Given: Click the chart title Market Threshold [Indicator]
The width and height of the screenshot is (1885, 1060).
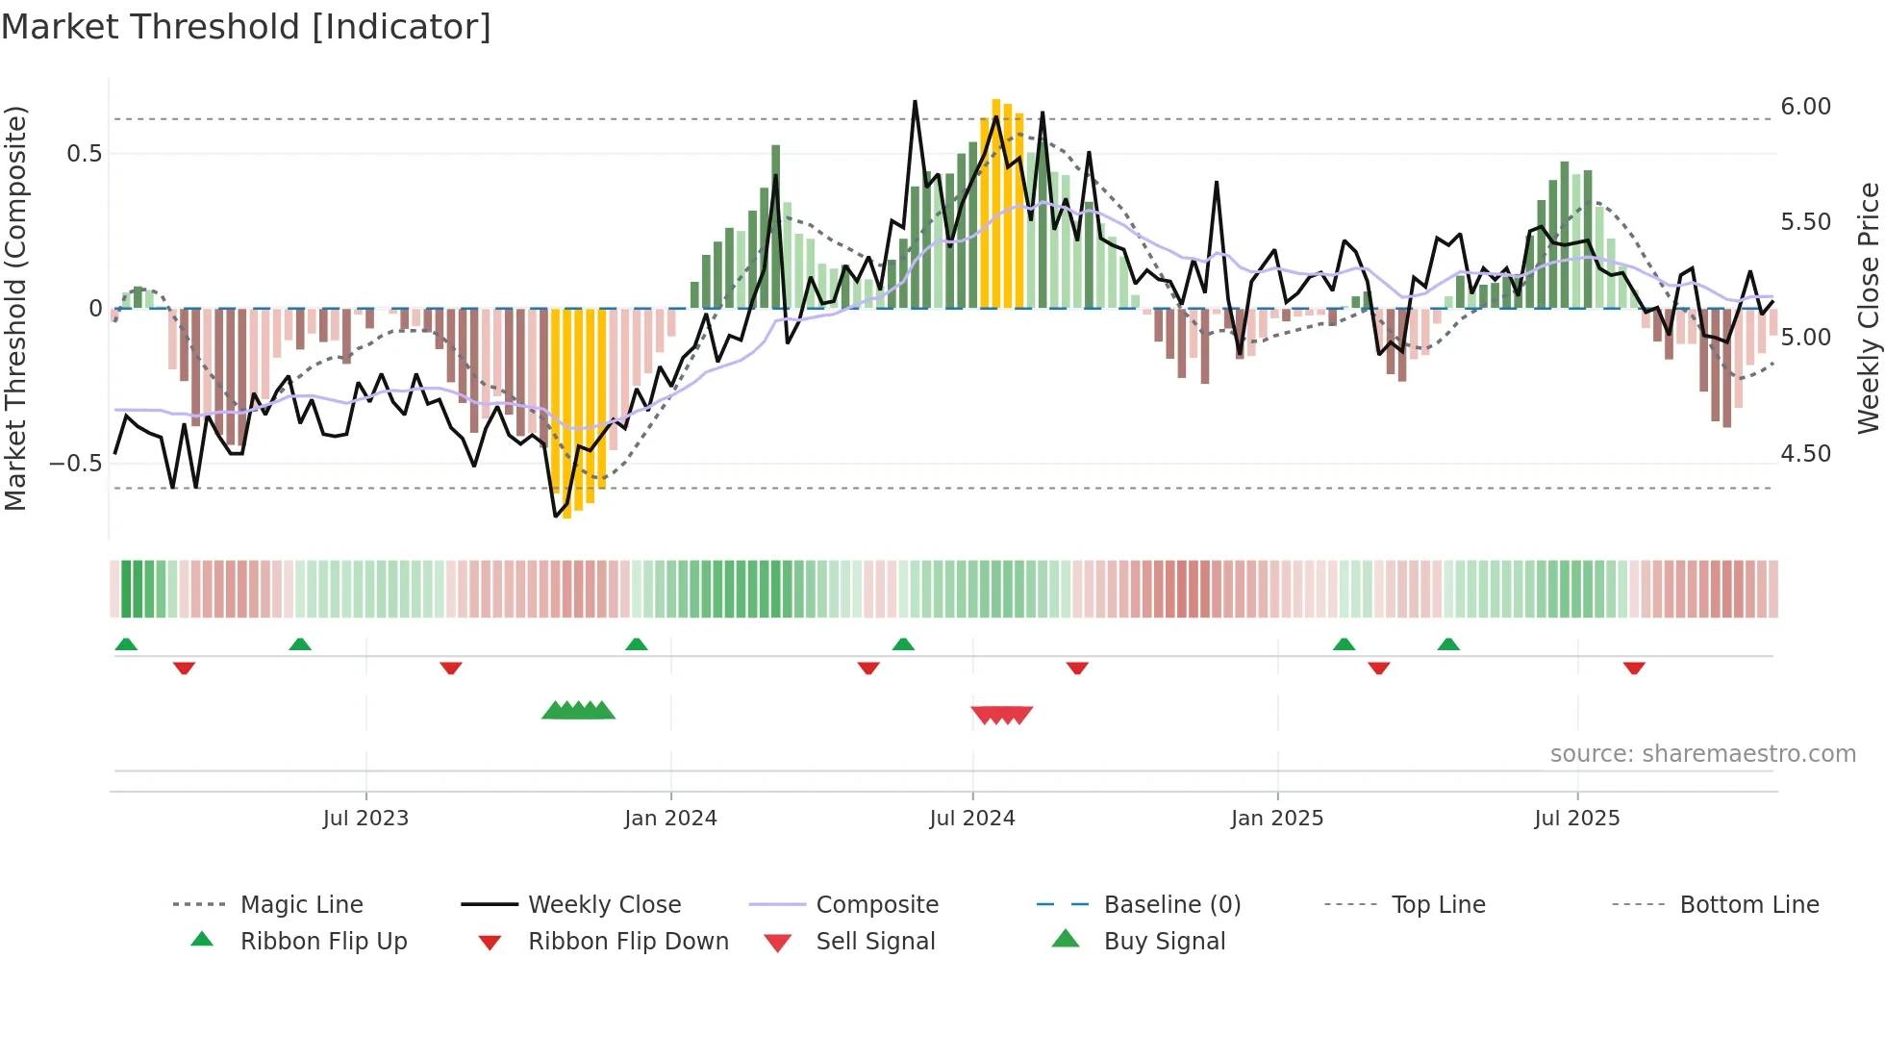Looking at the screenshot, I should click(x=246, y=27).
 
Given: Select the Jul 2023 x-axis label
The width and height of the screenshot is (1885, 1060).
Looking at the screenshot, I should click(x=365, y=819).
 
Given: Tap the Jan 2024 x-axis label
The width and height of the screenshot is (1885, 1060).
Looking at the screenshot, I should click(x=670, y=819).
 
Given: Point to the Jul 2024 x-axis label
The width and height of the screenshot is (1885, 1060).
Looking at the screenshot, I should click(x=972, y=819).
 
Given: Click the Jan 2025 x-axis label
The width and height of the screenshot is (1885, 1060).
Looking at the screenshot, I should click(x=1277, y=819).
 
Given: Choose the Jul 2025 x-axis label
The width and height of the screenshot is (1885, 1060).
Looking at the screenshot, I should click(x=1577, y=819).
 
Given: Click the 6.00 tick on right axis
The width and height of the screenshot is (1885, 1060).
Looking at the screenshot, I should click(x=1805, y=107).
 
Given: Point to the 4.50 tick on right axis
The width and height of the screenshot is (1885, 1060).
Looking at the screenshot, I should click(x=1805, y=454).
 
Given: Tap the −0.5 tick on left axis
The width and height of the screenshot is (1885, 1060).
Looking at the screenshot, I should click(x=76, y=464).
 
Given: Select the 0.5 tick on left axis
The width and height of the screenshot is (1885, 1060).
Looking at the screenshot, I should click(x=84, y=154).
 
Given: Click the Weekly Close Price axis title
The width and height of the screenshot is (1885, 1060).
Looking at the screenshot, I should click(x=1868, y=308).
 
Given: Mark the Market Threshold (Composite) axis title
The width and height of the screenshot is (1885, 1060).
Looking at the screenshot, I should click(x=15, y=308).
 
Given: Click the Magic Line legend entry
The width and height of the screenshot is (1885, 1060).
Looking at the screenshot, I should click(x=301, y=905).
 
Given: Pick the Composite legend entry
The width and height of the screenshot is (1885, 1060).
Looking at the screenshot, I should click(x=876, y=905).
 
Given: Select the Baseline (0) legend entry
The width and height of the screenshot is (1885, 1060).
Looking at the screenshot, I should click(x=1171, y=905).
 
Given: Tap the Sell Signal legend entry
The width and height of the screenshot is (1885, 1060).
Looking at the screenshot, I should click(x=874, y=942).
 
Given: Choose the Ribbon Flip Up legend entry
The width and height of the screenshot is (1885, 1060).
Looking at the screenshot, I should click(x=323, y=942).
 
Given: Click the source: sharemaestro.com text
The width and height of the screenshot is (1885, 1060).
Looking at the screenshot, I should click(x=1702, y=754).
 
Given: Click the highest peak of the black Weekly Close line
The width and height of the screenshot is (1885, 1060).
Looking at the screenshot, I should click(x=915, y=102).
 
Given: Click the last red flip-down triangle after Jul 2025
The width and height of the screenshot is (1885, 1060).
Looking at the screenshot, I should click(x=1634, y=668).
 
